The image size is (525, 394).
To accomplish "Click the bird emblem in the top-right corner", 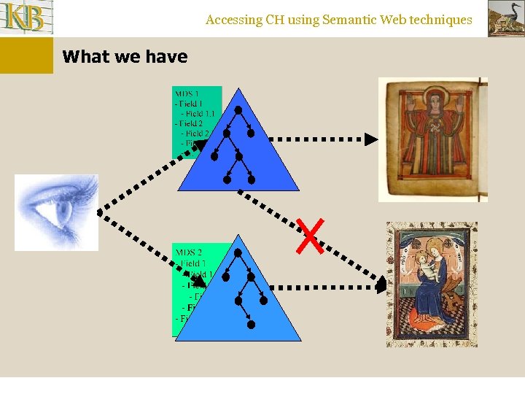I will coord(505,18).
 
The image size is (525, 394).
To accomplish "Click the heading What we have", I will coord(125,56).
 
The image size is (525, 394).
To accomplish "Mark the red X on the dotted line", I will coord(310,236).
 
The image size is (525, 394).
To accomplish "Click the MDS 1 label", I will coord(187,93).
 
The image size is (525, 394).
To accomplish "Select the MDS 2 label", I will coord(189,252).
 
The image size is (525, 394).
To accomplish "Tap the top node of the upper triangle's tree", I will coord(238,109).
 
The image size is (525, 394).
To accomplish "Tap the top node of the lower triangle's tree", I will coord(238,252).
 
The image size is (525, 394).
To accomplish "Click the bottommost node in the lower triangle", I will coord(250,325).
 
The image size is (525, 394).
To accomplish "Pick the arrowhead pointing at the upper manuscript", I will coord(371,139).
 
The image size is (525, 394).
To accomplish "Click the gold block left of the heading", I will coord(26,55).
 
